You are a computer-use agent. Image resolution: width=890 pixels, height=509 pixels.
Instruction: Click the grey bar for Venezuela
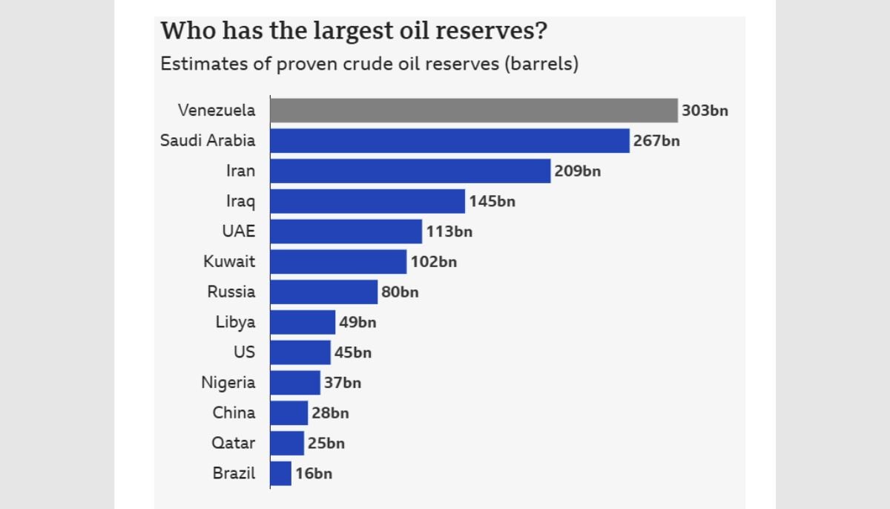(473, 111)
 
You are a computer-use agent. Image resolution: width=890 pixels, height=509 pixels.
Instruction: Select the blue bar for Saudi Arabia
(449, 141)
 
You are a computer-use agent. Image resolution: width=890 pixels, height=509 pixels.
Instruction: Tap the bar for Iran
(410, 171)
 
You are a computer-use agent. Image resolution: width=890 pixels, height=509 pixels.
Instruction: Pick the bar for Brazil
(281, 473)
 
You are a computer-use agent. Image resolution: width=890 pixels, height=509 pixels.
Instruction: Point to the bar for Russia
(324, 292)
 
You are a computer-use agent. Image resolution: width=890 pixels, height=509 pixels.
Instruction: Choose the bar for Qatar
(287, 443)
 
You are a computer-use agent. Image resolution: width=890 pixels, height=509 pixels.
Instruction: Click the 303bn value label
(705, 111)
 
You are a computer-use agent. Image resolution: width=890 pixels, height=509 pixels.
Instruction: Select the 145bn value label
(492, 201)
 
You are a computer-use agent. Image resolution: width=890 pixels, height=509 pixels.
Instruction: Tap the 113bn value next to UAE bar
(449, 231)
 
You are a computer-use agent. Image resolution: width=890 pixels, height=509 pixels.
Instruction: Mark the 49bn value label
(357, 322)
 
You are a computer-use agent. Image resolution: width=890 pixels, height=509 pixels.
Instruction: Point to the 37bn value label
(343, 383)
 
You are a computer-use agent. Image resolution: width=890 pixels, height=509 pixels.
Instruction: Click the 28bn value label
(330, 413)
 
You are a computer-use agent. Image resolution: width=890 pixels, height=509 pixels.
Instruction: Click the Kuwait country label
(229, 262)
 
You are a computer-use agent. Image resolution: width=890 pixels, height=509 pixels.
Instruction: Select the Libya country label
(235, 322)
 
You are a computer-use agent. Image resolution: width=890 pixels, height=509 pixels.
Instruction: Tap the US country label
(244, 352)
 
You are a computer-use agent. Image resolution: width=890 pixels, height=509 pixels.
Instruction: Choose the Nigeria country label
(228, 383)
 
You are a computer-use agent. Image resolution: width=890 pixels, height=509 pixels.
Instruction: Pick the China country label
(234, 413)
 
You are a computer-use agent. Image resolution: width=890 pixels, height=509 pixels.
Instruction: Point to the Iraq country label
(240, 201)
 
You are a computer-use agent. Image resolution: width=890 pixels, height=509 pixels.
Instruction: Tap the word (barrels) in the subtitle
(541, 64)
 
